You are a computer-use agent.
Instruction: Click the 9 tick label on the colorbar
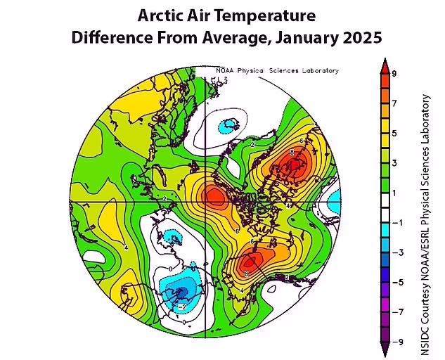(395, 73)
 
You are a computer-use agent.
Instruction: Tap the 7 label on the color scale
(395, 103)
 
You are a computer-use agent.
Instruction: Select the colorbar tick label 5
(395, 133)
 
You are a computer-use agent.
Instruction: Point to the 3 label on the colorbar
(395, 162)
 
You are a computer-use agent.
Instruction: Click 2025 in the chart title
(362, 38)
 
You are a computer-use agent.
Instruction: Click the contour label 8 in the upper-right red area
(291, 153)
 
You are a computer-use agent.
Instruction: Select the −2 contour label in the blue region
(183, 307)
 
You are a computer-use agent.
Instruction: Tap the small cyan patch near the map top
(228, 127)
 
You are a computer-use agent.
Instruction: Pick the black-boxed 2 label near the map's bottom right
(287, 278)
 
